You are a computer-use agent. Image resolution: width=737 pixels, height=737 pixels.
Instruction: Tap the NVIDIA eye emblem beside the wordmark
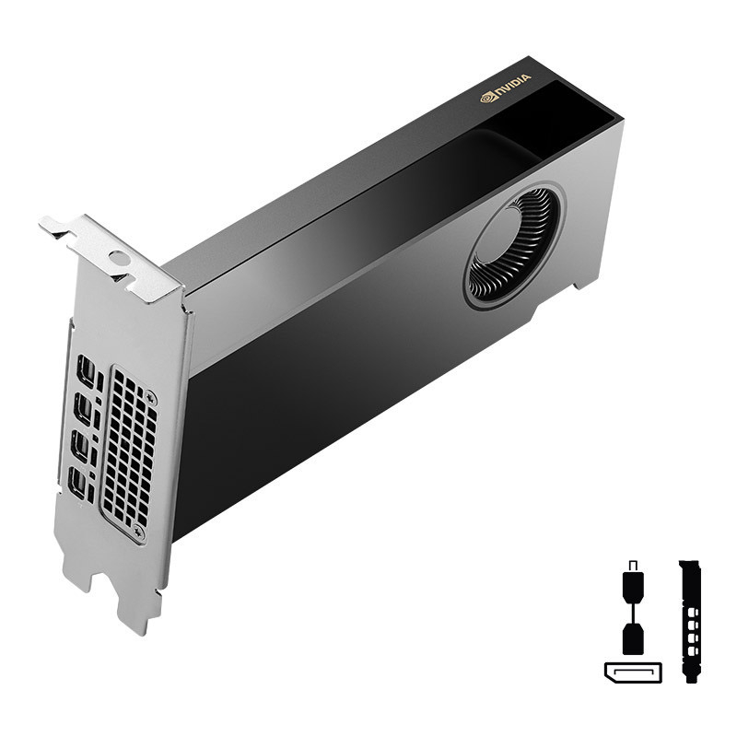click(488, 97)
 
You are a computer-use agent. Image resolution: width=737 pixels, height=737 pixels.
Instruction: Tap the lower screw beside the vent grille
click(138, 532)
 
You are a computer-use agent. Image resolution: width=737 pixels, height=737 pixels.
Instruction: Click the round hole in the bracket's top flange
click(118, 257)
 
